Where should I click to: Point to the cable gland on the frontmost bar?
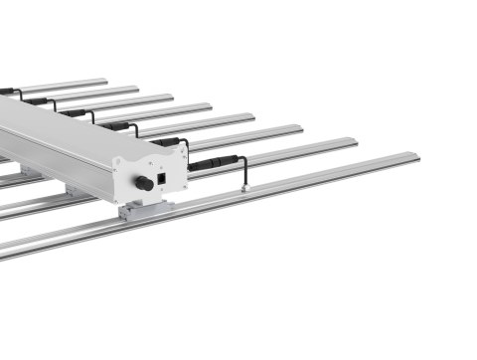(x=243, y=185)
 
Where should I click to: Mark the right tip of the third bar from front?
(x=299, y=128)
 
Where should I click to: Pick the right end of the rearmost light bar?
(x=104, y=81)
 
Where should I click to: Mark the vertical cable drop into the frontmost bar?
(x=243, y=175)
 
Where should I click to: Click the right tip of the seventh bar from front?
(x=136, y=89)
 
